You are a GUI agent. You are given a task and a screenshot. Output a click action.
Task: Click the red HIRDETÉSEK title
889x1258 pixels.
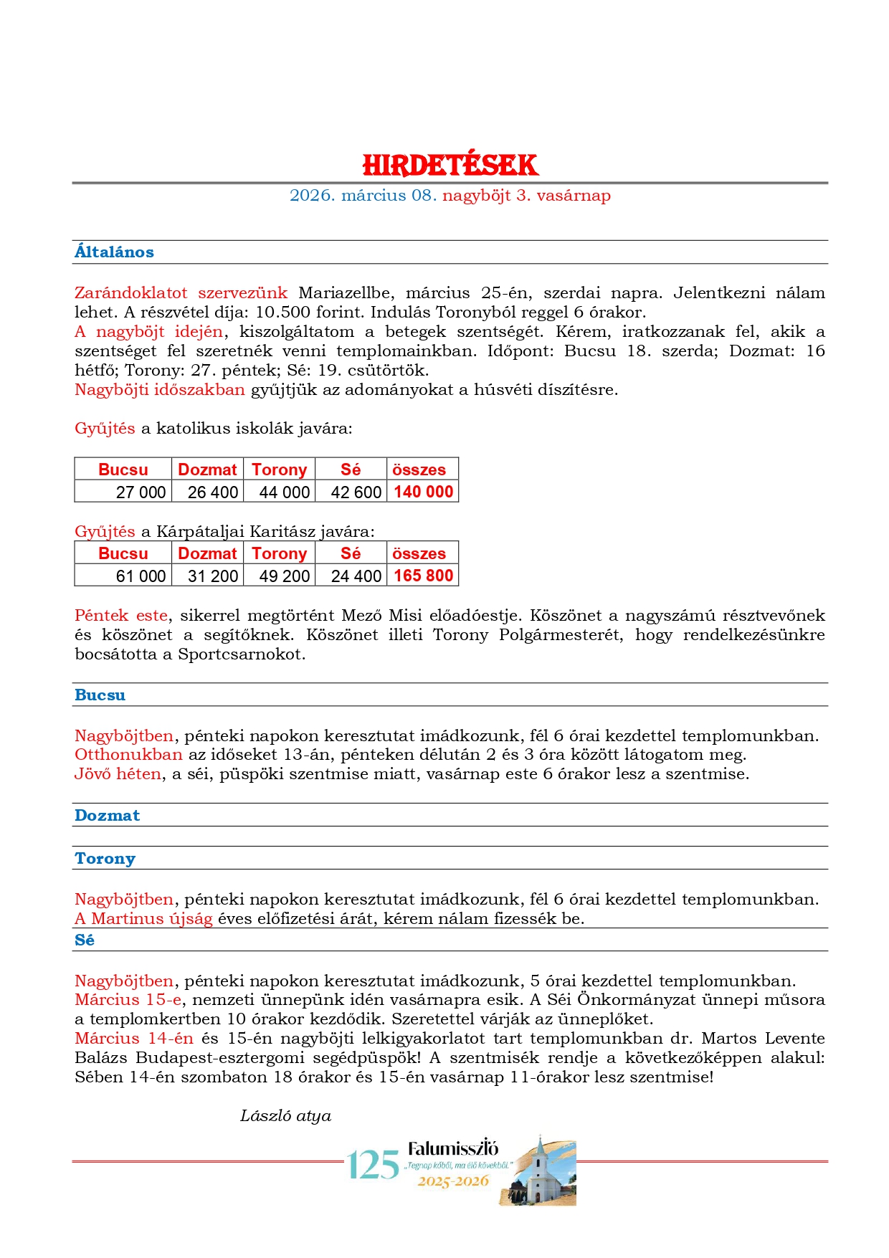click(450, 166)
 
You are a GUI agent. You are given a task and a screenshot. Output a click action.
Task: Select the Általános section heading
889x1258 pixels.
click(114, 252)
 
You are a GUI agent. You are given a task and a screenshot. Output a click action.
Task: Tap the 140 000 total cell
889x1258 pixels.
click(423, 492)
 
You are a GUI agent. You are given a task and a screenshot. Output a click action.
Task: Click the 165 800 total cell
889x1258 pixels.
click(423, 576)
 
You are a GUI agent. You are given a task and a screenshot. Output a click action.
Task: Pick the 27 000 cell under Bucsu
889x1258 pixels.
click(141, 492)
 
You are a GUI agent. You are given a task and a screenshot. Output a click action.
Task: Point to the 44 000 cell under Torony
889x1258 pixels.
click(284, 492)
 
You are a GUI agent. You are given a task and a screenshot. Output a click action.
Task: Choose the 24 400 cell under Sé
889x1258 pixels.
click(356, 576)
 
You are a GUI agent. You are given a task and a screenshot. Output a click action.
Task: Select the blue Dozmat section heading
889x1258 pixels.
click(107, 816)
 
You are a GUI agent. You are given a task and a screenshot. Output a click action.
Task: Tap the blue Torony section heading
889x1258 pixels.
click(105, 859)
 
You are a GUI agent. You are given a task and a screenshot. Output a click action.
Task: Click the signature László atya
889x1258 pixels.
click(285, 1116)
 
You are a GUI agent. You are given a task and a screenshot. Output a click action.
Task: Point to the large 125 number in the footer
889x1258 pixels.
click(373, 1166)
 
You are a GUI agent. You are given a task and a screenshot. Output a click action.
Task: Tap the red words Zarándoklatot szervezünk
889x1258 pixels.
click(181, 293)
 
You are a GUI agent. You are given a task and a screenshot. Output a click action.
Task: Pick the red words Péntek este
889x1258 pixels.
click(121, 616)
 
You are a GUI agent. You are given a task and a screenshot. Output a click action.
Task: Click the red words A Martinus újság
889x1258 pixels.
click(143, 919)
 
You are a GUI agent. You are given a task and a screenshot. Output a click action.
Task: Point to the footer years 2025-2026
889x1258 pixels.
click(453, 1181)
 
